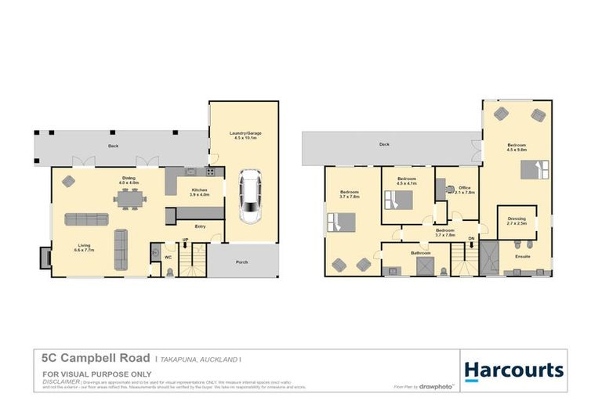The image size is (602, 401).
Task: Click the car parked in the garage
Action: pos(250,197)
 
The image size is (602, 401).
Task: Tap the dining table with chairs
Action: pos(129,200)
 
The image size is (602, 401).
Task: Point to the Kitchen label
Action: pos(199,190)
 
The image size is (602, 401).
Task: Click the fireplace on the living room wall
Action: pos(45,257)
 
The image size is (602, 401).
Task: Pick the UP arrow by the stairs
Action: pos(185,242)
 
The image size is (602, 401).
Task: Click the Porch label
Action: pos(241,262)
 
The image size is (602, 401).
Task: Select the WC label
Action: pos(169,255)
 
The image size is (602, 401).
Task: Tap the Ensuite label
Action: pos(522,255)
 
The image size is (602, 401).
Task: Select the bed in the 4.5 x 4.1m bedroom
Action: pos(397,200)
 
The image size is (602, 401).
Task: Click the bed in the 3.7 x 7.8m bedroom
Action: pos(342,224)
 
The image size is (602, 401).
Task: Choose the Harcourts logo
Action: pos(513,370)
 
